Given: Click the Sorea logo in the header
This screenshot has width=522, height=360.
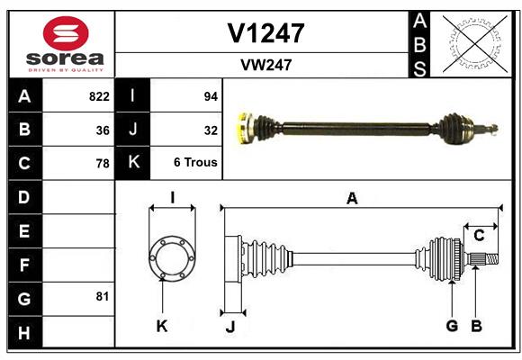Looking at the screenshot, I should coord(66,44).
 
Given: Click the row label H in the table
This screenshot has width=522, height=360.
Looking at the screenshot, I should coord(24,333).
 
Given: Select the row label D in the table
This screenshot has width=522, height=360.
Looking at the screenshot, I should coord(24,196).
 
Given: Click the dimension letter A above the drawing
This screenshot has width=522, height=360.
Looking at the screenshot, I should coord(352,199).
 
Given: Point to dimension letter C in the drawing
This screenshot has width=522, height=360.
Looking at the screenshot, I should coord(480,236).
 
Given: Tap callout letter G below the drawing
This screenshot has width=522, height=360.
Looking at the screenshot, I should coord(452,326).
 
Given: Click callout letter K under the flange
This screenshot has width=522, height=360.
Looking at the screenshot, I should coord(162,326).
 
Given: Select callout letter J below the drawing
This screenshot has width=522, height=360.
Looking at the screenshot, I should coord(229,326).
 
